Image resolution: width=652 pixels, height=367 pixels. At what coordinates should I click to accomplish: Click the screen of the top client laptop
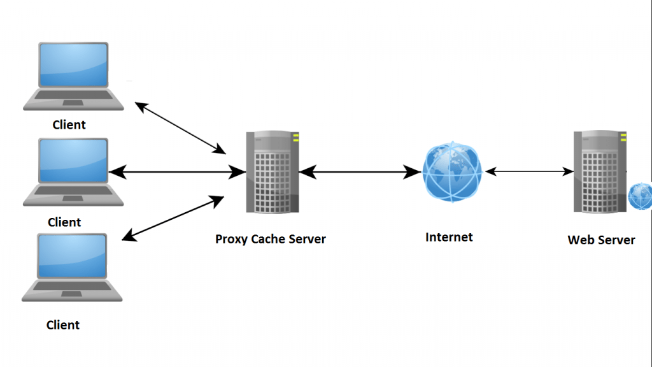coord(73,64)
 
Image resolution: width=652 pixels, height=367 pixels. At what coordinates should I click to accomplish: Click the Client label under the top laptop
coord(69,125)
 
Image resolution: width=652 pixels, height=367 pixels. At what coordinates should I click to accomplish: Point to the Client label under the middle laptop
coord(65,222)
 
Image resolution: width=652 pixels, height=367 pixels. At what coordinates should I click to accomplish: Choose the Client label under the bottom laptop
coord(64,325)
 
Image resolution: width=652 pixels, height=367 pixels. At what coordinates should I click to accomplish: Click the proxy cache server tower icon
coord(273,172)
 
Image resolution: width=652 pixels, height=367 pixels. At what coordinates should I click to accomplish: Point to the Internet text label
coord(449,238)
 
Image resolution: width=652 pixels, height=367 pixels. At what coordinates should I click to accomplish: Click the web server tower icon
coord(599,172)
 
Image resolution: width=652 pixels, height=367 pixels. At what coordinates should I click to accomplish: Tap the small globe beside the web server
coord(640,197)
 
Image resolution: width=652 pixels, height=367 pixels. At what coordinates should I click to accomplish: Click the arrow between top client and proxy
coord(181,128)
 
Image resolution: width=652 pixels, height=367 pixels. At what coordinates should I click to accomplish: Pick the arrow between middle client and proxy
coord(177,171)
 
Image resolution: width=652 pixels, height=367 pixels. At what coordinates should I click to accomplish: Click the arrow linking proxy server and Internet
coord(360,171)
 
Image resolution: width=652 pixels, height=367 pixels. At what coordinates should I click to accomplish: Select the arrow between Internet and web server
coord(529,171)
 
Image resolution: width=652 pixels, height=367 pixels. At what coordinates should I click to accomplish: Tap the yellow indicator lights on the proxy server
coord(295,138)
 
